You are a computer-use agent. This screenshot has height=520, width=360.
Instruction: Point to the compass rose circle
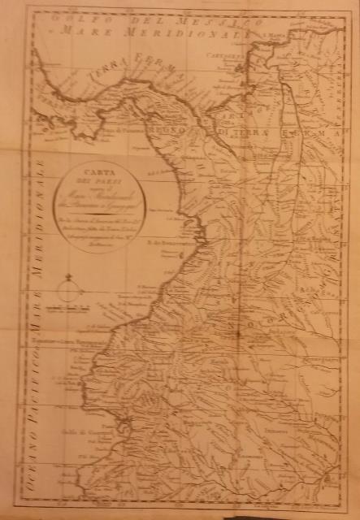pyautogui.click(x=69, y=290)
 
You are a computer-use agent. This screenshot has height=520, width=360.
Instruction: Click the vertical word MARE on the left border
pyautogui.click(x=32, y=314)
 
